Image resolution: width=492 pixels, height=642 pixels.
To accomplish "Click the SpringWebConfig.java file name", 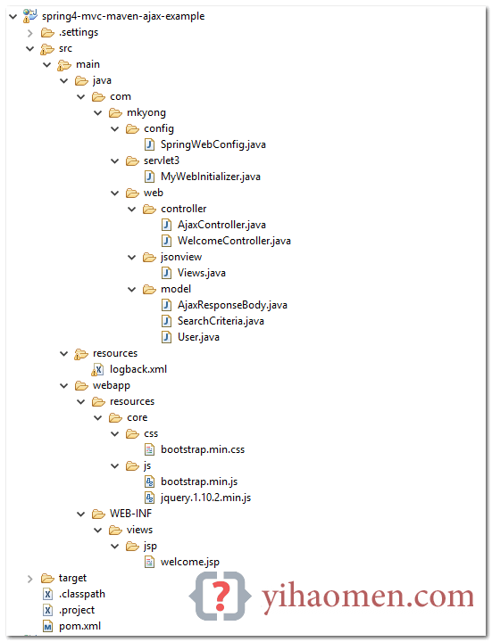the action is (x=213, y=144).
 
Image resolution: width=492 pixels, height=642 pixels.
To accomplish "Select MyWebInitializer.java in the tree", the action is (x=211, y=177).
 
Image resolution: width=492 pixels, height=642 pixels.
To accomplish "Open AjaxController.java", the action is (x=221, y=225).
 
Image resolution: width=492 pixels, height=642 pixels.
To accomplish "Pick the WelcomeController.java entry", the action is (x=234, y=241).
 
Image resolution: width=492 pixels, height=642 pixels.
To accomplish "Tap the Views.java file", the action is (x=202, y=273).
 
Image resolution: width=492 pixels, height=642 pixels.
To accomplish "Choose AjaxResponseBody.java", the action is (x=232, y=305).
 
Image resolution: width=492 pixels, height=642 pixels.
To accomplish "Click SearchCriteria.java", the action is (x=221, y=321).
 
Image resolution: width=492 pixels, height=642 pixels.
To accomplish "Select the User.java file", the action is (x=198, y=337).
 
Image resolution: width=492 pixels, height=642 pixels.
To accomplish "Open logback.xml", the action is (x=138, y=369).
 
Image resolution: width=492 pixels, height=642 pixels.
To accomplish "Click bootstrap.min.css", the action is (x=203, y=449).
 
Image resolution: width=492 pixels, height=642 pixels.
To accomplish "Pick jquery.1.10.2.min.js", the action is (x=206, y=498).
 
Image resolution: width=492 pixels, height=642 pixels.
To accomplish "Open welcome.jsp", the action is (x=190, y=562).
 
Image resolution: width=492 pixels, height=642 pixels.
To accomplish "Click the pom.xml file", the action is (x=80, y=626).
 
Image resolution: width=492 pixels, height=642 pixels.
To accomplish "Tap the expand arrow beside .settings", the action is (x=30, y=33).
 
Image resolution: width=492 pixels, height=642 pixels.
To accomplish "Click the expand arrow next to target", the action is (x=30, y=579).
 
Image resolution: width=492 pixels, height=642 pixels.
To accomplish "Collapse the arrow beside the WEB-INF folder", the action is (x=80, y=514).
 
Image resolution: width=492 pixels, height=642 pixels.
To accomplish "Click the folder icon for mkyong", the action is (x=115, y=112).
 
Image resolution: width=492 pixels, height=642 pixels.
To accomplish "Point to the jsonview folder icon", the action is (x=150, y=257).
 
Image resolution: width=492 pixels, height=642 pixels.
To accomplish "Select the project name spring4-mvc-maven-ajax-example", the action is (x=123, y=16).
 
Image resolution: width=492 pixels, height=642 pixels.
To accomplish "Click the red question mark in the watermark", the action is (x=221, y=596).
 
